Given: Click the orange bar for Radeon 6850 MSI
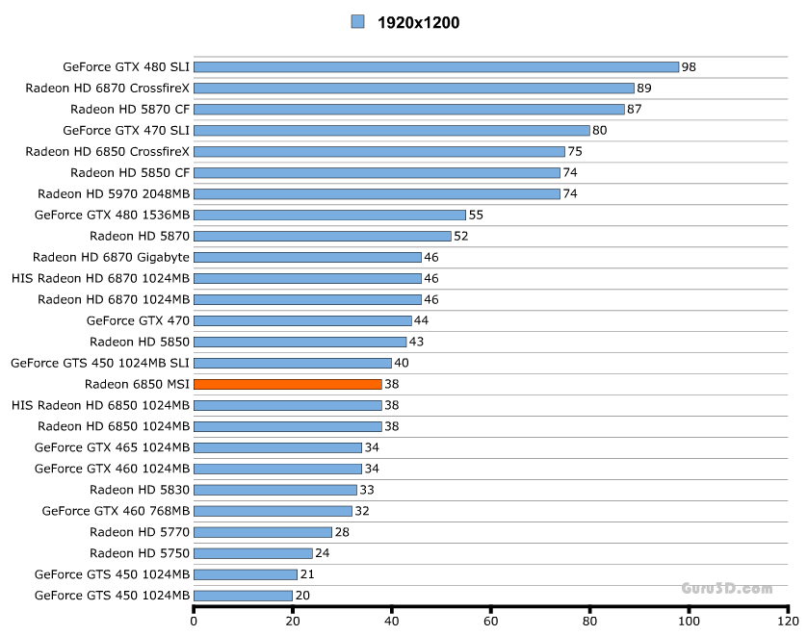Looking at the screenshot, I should (288, 384).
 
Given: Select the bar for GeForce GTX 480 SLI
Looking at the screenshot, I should (436, 66).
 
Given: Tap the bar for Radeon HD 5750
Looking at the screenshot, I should (253, 553).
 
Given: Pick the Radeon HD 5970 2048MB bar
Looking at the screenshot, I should (377, 193).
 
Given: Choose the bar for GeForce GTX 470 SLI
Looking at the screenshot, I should (392, 130).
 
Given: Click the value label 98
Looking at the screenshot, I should (689, 67).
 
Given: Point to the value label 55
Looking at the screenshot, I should (476, 216).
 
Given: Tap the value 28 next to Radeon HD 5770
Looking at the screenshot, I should (342, 533).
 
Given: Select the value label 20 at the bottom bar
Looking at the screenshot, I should (302, 597).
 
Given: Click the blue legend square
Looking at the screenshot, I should (357, 21).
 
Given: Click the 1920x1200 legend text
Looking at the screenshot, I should (418, 22).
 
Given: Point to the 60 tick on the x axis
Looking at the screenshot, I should (491, 621).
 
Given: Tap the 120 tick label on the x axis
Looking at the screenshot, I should (787, 621).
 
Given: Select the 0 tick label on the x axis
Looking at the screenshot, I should (195, 621).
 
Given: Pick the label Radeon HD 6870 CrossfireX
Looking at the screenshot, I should (108, 88).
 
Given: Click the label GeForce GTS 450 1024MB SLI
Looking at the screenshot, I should (100, 363).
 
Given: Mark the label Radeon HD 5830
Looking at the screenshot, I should (140, 490).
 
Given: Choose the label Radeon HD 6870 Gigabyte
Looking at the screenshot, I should (111, 257).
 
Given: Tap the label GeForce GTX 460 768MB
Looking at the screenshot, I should (116, 511).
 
